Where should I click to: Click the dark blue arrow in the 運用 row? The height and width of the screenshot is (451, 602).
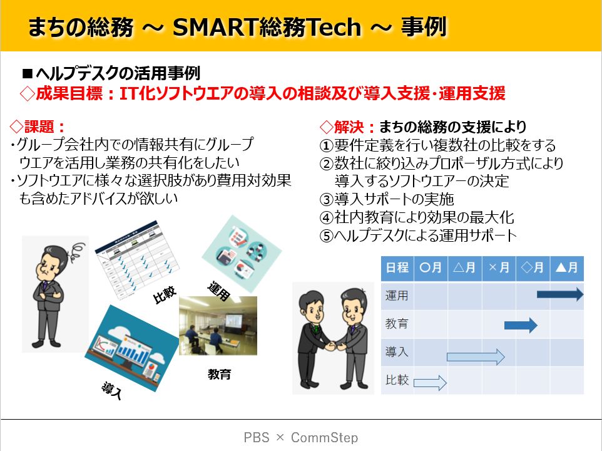pos(560,294)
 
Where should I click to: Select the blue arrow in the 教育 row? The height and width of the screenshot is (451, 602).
pos(521,325)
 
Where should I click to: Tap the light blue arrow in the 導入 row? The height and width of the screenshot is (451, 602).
pos(476,357)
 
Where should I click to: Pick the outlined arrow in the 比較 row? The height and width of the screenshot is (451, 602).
pos(430,383)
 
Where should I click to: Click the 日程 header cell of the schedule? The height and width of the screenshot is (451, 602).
pos(397,267)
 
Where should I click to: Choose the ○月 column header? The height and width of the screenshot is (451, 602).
pos(431,267)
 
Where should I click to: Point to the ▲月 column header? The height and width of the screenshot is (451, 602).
pos(567,267)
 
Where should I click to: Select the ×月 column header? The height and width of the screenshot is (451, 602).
pos(499,267)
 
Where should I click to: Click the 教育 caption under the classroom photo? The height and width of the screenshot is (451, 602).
pos(220,374)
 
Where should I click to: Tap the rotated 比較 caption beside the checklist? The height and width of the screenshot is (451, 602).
pos(165,294)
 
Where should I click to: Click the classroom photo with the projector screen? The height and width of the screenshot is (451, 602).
pos(218,325)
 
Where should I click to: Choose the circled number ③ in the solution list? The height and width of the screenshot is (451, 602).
pos(326,199)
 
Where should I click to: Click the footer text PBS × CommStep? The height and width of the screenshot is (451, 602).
pos(301,437)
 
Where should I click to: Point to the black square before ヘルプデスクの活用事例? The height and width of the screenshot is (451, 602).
pos(28,73)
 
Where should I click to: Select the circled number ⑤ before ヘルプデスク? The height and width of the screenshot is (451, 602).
pos(326,236)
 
